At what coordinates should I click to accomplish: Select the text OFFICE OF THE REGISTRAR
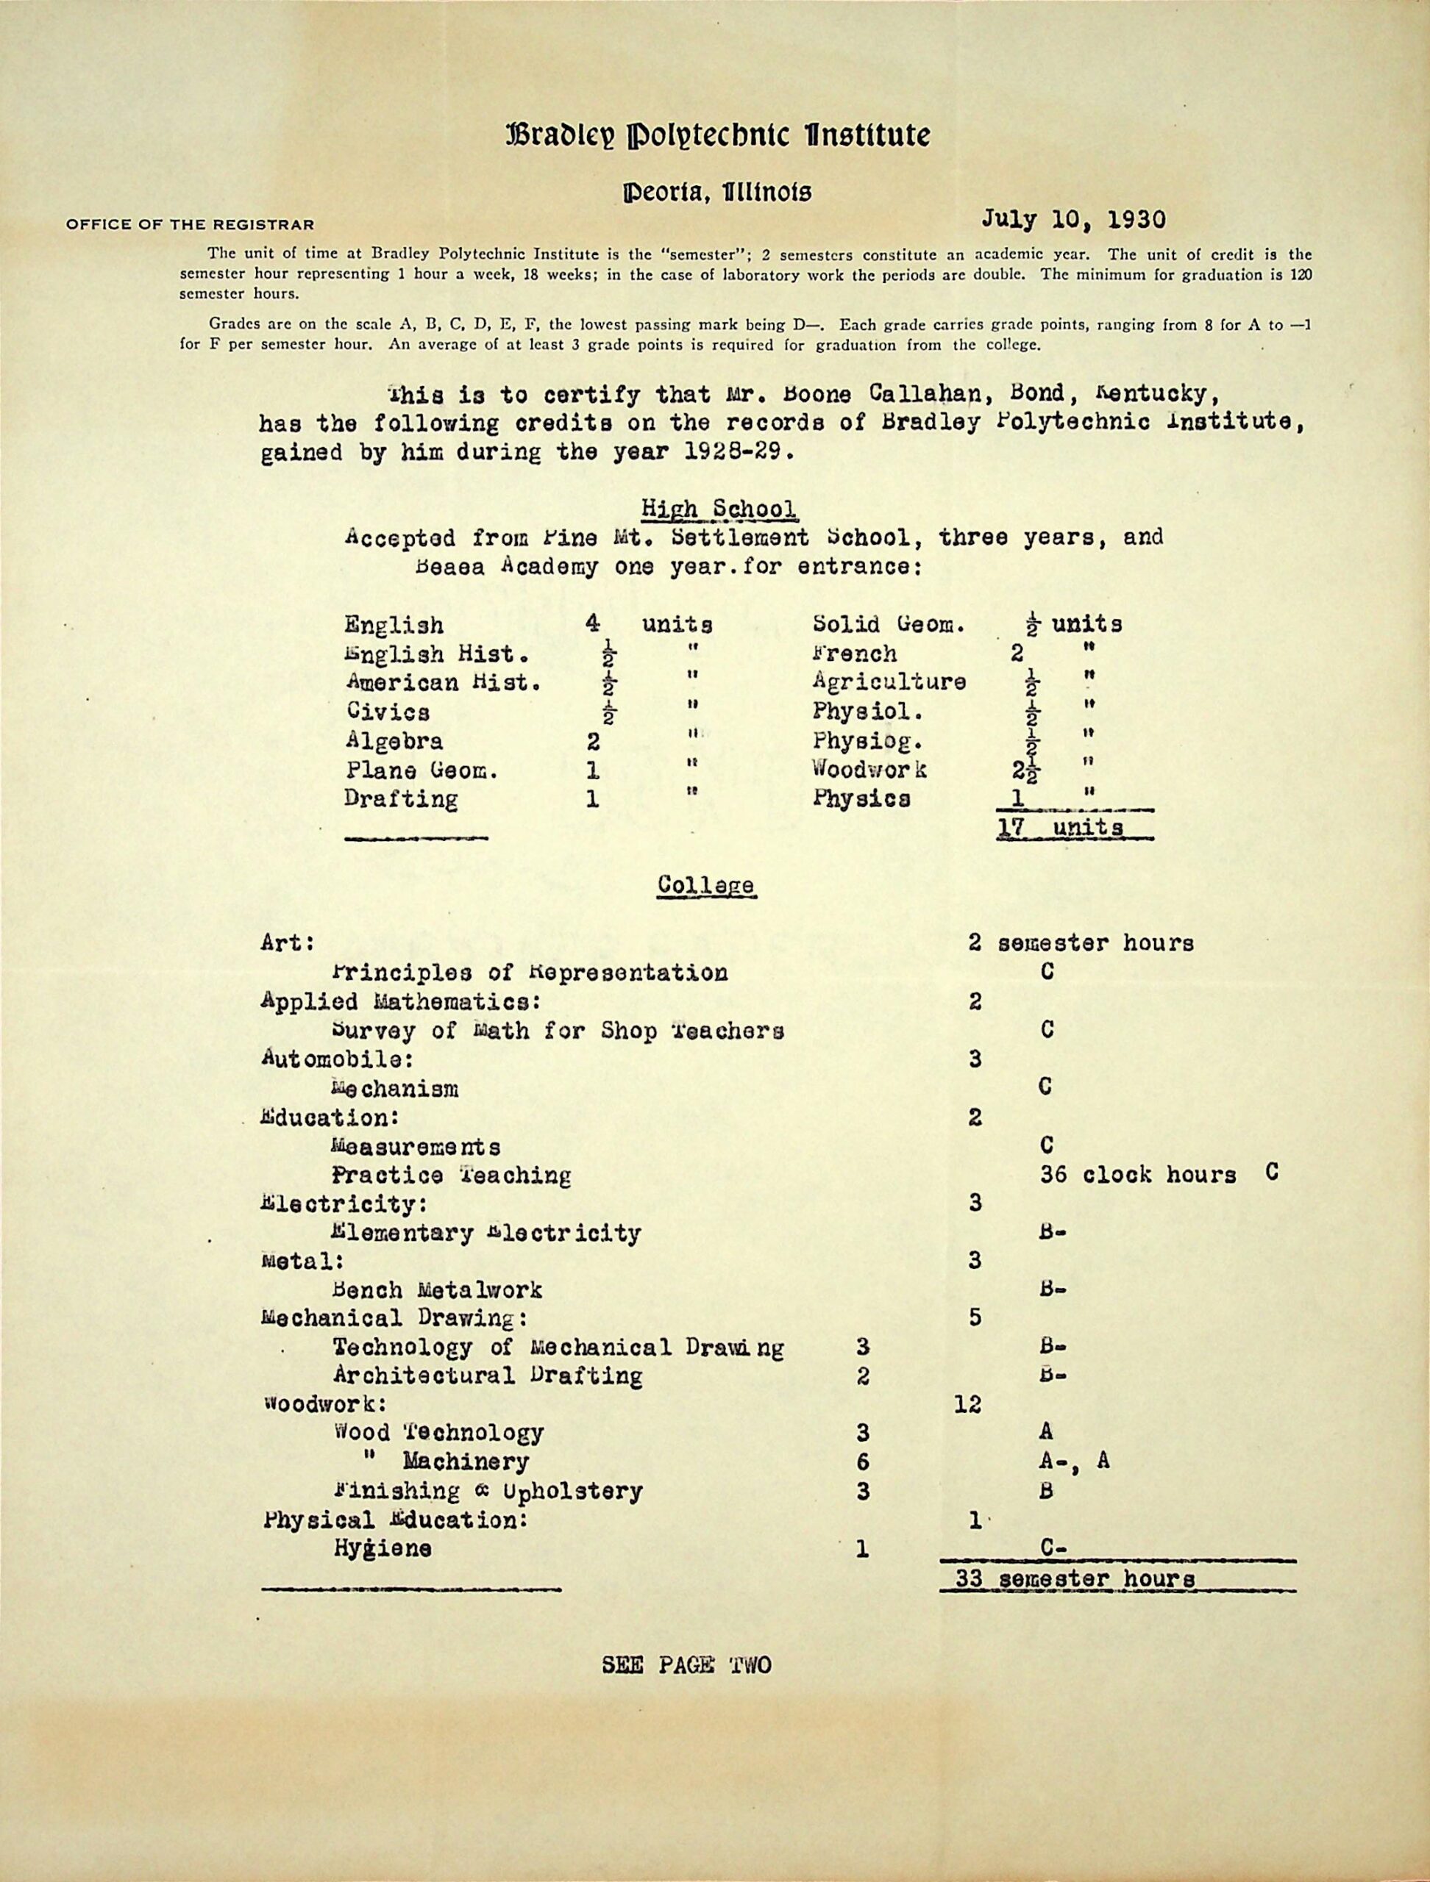[188, 226]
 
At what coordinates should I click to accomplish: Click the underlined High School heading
[719, 509]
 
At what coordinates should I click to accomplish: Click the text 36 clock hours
[1138, 1175]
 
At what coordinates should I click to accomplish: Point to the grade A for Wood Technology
[1047, 1433]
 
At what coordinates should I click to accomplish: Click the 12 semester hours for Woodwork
[969, 1404]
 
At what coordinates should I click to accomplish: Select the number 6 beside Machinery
[863, 1462]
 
